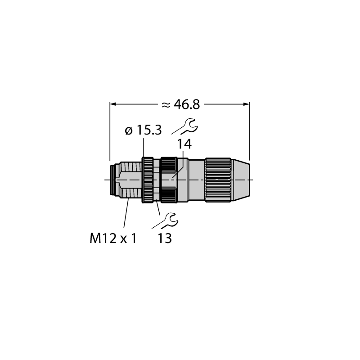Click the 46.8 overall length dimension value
pos(187,105)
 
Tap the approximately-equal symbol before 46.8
pos(166,105)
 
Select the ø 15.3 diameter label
pos(143,130)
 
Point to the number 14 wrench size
pos(184,144)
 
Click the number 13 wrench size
pos(165,238)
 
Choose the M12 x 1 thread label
pos(113,238)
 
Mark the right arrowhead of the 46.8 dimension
pos(246,104)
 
